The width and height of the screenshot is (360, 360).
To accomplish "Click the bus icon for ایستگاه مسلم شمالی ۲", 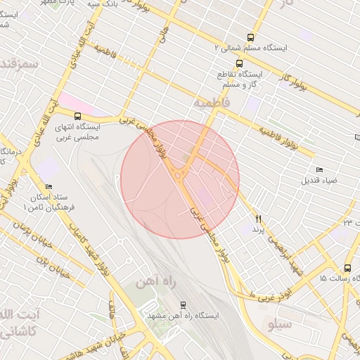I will click(250, 37).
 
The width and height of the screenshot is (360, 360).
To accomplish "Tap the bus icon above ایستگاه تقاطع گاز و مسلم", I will click(240, 63).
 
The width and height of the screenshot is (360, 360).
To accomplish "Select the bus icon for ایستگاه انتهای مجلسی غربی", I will click(77, 116).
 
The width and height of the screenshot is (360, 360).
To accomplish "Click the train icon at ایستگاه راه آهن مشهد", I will click(183, 305).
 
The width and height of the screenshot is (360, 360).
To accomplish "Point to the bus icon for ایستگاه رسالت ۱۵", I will click(347, 268).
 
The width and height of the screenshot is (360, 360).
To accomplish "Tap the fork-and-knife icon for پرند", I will click(258, 219).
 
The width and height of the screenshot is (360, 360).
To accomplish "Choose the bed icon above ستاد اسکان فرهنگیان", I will click(48, 187).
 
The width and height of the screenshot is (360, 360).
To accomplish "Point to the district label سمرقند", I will click(18, 63).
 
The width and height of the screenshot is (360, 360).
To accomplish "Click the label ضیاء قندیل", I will click(320, 180).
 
